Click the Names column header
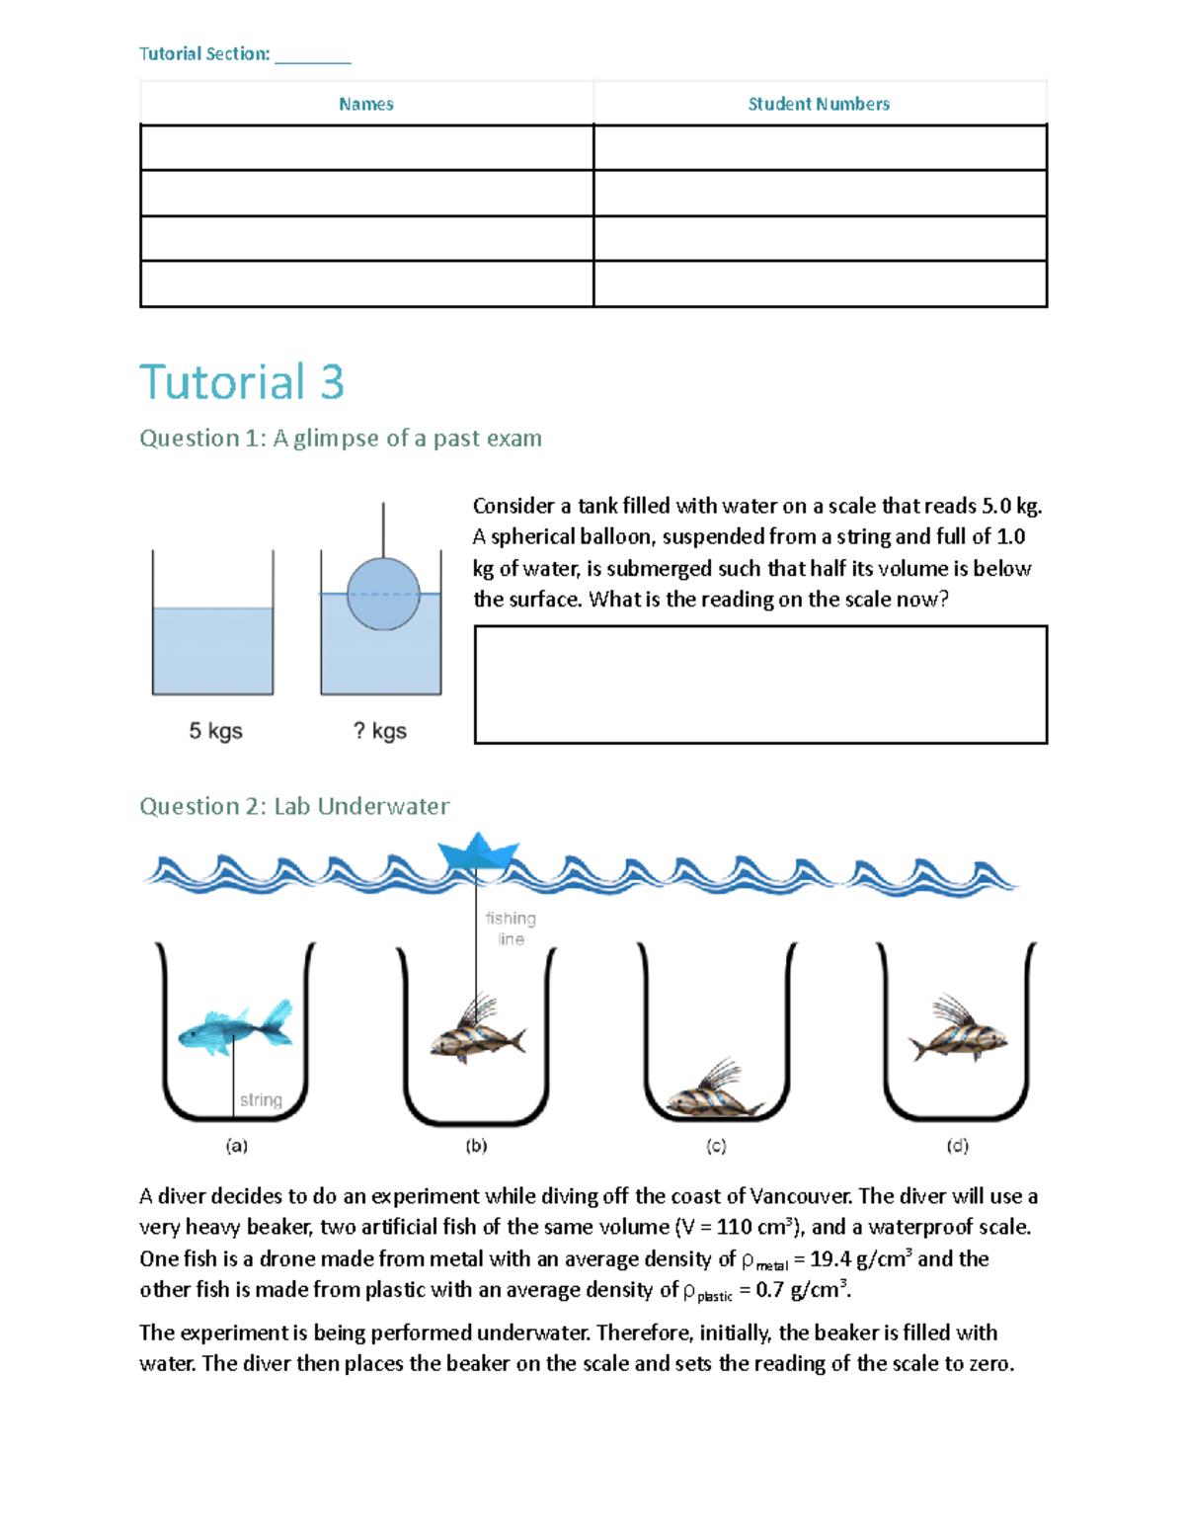coord(365,104)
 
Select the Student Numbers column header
coord(819,104)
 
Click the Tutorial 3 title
coord(242,382)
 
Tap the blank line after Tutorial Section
coord(312,56)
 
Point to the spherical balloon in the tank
coord(383,594)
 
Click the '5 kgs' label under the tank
coord(215,731)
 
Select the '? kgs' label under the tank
coord(380,731)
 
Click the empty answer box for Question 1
coord(760,684)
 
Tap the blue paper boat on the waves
coord(478,851)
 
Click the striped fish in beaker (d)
coord(958,1035)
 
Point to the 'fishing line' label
coord(511,928)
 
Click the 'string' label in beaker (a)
coord(261,1100)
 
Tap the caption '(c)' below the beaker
coord(716,1146)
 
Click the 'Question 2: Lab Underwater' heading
coord(294,806)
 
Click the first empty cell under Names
coord(366,148)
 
